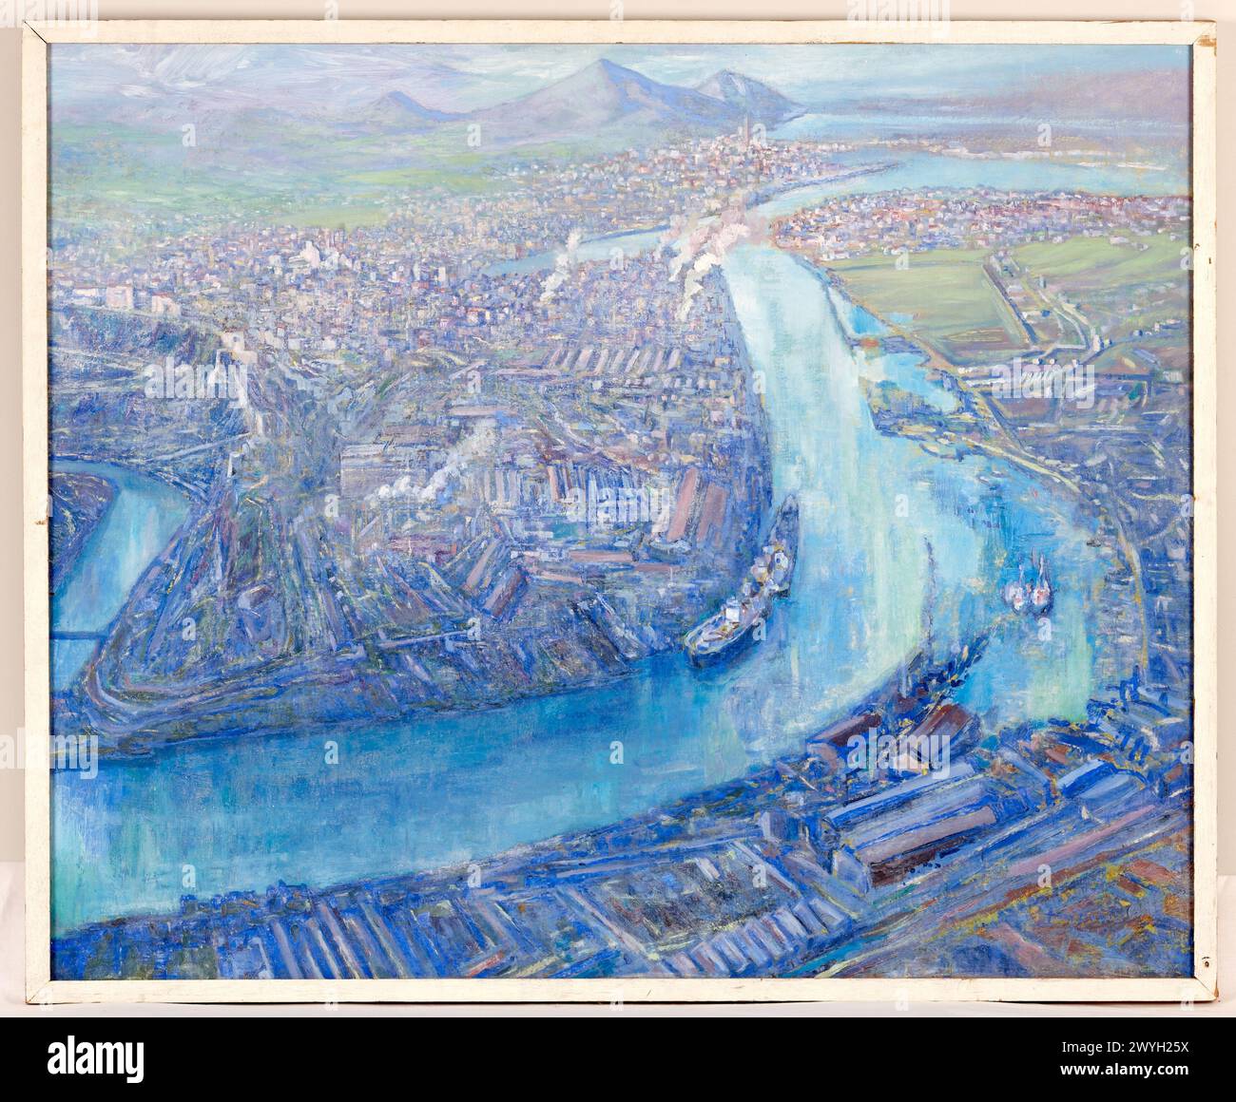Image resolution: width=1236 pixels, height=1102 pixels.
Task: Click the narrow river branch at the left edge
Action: (x=90, y=541)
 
